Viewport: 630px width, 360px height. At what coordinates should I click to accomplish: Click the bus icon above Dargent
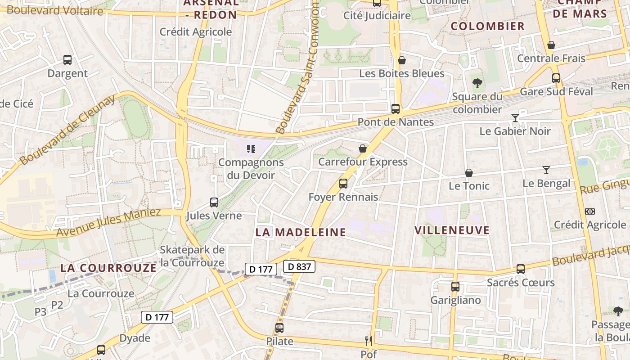[67, 59]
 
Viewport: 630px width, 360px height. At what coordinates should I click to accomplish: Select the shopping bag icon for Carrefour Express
[363, 148]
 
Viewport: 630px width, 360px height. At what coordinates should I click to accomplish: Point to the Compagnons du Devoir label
[251, 169]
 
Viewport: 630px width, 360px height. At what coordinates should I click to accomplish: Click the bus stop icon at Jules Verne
[214, 202]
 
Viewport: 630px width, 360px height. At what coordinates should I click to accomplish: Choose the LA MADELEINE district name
[301, 232]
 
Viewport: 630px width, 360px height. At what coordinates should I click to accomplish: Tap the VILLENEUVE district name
[452, 230]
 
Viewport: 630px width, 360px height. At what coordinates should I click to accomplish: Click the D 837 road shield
[299, 266]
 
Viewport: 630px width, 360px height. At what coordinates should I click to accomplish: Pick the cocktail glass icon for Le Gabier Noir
[515, 118]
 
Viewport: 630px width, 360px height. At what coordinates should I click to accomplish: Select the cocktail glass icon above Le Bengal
[546, 170]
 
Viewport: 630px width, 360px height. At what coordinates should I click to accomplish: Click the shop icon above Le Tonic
[469, 173]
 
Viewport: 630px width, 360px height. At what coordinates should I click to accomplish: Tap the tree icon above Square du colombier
[477, 83]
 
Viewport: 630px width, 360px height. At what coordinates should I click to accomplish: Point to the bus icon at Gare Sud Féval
[556, 78]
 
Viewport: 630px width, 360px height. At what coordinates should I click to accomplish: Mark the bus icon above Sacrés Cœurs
[521, 269]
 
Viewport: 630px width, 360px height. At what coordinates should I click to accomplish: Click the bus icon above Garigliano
[455, 287]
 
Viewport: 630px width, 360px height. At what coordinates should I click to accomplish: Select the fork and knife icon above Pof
[369, 341]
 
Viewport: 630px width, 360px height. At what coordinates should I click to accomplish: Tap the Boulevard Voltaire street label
[55, 10]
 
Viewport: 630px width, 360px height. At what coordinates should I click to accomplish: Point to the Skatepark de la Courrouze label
[192, 256]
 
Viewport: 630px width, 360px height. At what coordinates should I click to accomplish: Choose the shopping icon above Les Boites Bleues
[402, 60]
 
